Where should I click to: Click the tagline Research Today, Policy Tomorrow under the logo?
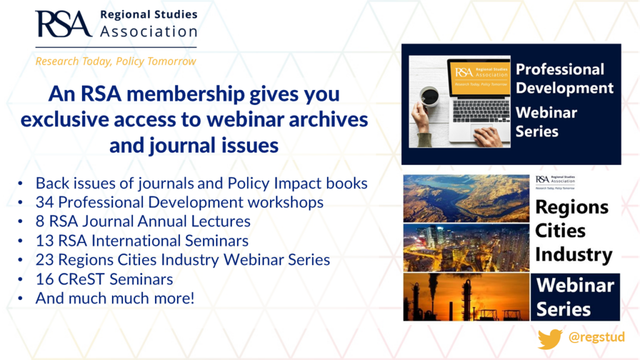coord(116,61)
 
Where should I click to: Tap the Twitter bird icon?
coord(550,338)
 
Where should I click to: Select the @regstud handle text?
coord(596,338)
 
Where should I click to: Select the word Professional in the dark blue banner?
coord(559,69)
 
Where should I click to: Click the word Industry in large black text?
coord(573,255)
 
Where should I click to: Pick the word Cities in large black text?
coord(560,231)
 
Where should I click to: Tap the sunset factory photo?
coord(466,297)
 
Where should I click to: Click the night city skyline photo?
coord(466,247)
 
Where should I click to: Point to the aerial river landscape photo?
coord(466,199)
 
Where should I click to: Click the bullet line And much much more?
coord(115,298)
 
